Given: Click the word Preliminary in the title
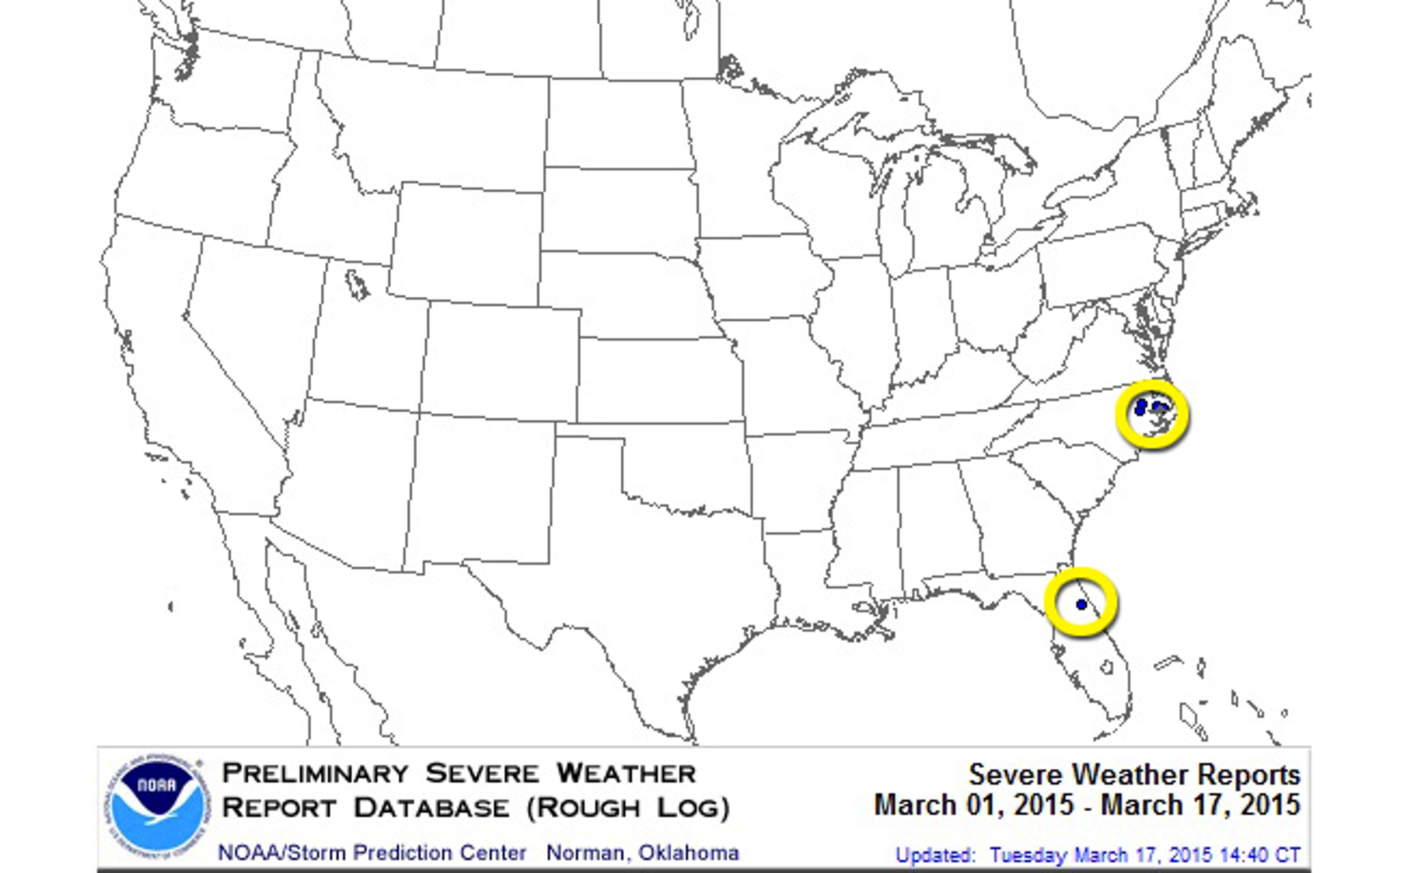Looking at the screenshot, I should tap(315, 773).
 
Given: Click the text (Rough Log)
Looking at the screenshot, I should tap(628, 808).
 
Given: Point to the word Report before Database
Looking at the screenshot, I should tap(279, 808).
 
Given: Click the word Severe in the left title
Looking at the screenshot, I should tap(482, 773).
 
